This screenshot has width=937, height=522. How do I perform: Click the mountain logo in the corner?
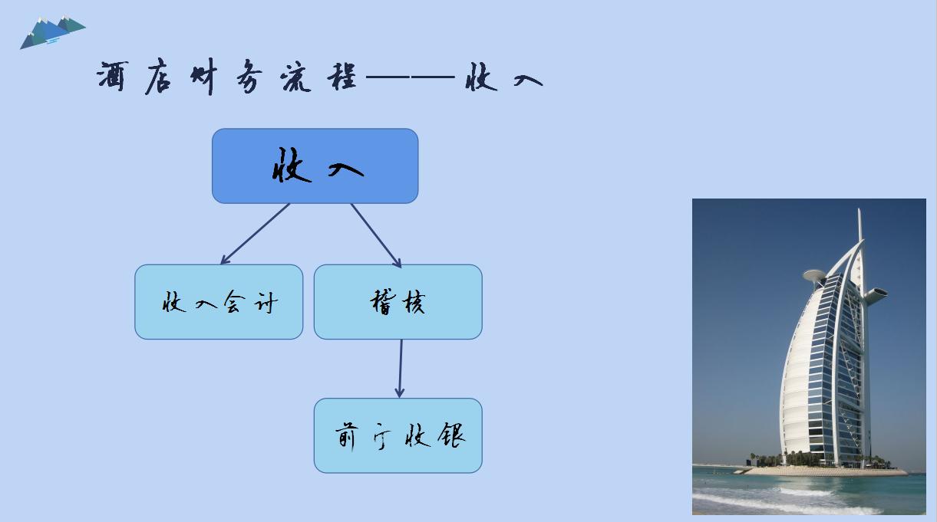click(x=52, y=31)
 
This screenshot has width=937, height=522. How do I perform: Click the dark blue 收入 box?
click(x=315, y=166)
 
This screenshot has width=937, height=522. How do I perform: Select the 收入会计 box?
click(x=219, y=302)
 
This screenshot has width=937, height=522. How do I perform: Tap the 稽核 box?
click(x=398, y=302)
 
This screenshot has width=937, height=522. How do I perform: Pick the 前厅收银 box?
click(x=398, y=435)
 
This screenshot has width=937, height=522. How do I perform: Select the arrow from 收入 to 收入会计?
click(x=255, y=234)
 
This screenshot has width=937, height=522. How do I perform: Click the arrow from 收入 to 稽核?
click(x=376, y=235)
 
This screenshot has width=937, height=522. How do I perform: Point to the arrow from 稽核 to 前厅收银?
click(x=400, y=369)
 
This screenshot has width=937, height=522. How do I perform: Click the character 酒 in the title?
click(x=112, y=78)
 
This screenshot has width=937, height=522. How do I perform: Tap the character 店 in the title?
click(x=157, y=78)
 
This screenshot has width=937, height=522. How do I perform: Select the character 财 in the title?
click(x=203, y=78)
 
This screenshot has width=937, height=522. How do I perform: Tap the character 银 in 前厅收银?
click(x=452, y=436)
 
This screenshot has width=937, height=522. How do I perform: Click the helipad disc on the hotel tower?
click(x=813, y=275)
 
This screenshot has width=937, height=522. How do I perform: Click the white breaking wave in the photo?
click(x=775, y=502)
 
